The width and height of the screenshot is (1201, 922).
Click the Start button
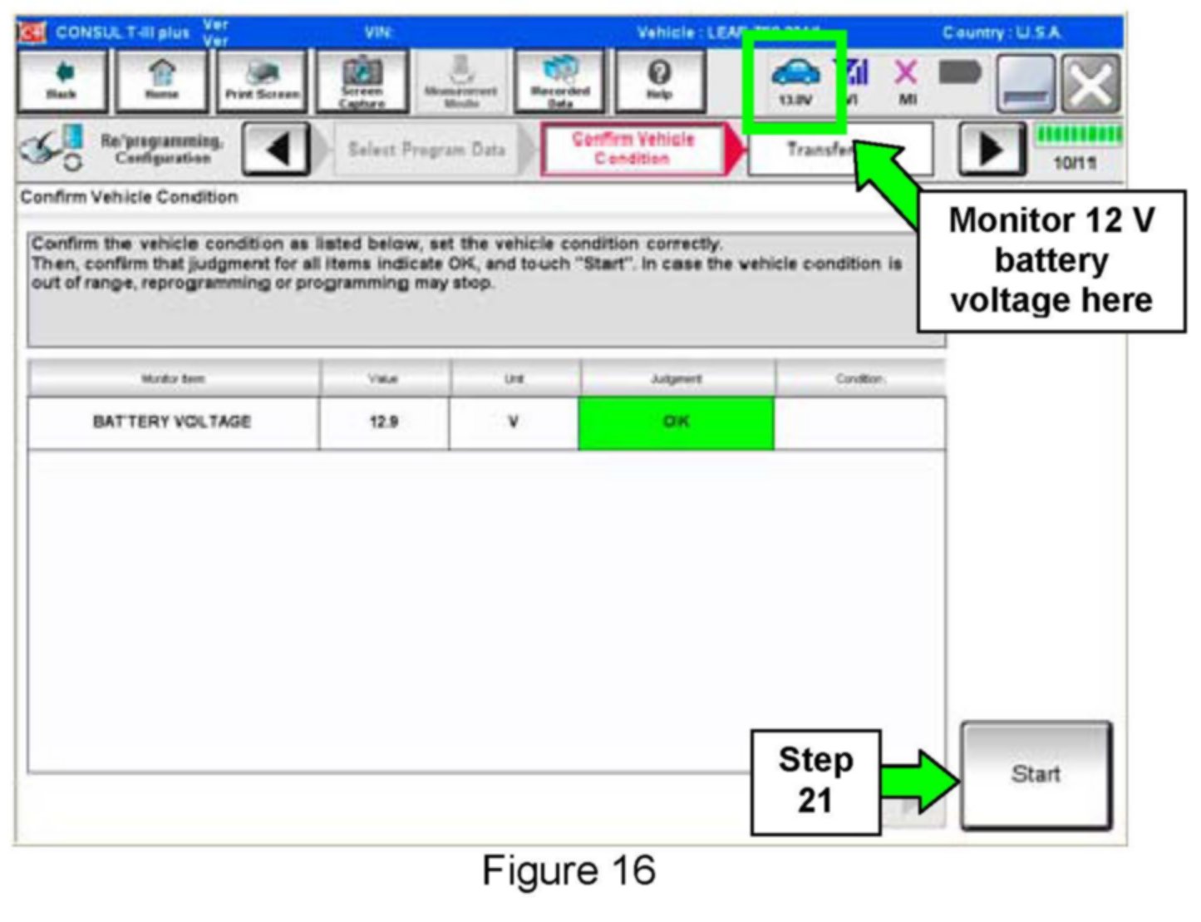point(1035,774)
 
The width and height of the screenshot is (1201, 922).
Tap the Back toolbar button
point(62,81)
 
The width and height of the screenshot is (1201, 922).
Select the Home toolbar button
point(161,81)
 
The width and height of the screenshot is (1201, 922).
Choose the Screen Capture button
point(362,81)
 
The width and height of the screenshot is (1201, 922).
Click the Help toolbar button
point(659,81)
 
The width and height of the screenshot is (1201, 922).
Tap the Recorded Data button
point(560,81)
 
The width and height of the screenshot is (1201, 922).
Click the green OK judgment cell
point(676,422)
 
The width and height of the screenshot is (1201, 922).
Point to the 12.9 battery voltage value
point(383,422)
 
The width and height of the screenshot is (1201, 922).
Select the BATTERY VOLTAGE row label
point(172,422)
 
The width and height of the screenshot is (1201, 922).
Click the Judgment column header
point(676,379)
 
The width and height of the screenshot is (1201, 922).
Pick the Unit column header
point(514,379)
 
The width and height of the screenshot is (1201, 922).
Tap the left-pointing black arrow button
point(277,150)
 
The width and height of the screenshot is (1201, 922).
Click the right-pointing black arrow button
point(991,150)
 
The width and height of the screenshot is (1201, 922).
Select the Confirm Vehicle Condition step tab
point(632,150)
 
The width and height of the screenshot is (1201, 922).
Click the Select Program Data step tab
point(426,150)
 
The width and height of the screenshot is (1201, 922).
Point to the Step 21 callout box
point(815,781)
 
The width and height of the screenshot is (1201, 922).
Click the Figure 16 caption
point(569,871)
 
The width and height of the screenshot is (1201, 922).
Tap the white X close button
point(1090,84)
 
